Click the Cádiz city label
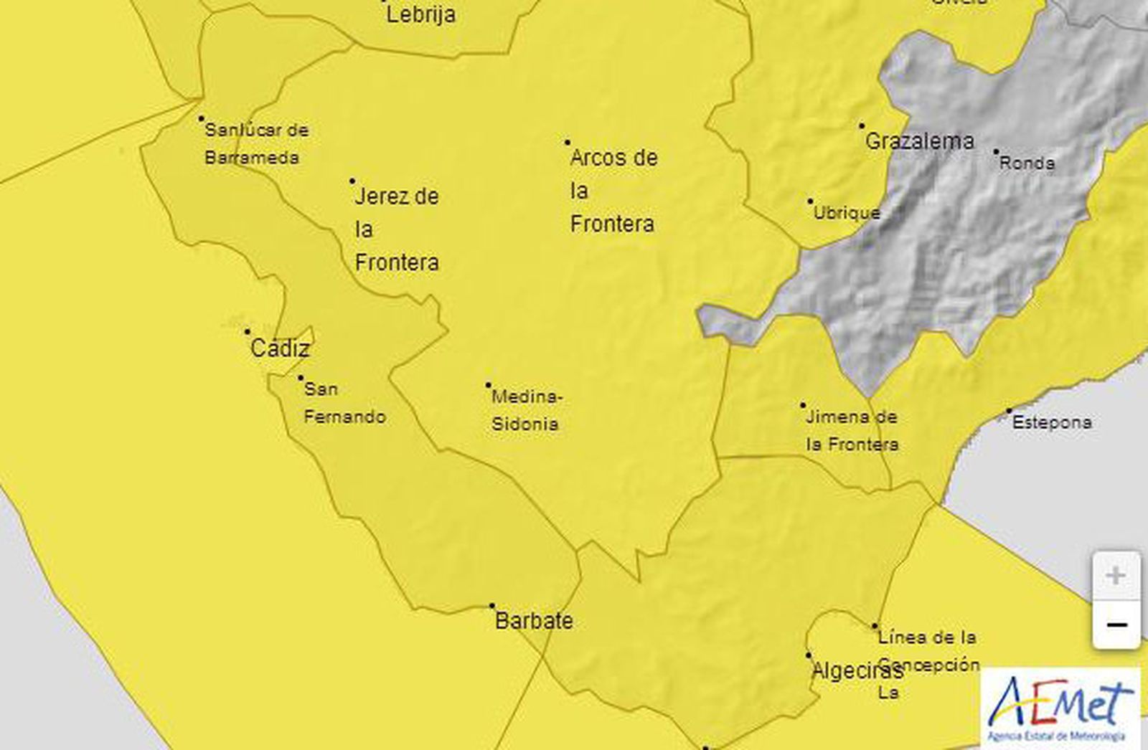click(280, 349)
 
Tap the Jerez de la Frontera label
click(397, 229)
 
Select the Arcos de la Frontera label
click(613, 191)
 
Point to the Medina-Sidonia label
click(525, 410)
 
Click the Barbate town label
click(534, 621)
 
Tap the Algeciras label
click(857, 672)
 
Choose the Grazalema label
click(919, 141)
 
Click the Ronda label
click(1027, 163)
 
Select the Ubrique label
click(847, 213)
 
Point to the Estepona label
click(1052, 423)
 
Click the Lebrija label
click(420, 14)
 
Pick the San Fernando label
click(344, 403)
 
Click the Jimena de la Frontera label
click(852, 430)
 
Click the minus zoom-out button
click(1116, 625)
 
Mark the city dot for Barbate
click(492, 606)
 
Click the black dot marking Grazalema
click(862, 125)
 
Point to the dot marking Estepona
click(1009, 412)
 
